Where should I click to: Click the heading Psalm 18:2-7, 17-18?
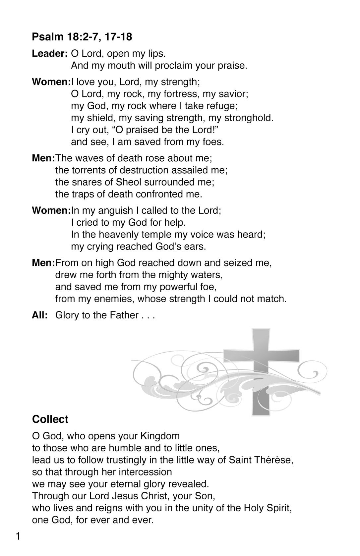tap(82, 37)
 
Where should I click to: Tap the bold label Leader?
tap(50, 53)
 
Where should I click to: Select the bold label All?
tap(40, 315)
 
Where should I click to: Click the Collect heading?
tap(50, 419)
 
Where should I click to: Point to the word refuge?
tap(221, 106)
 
